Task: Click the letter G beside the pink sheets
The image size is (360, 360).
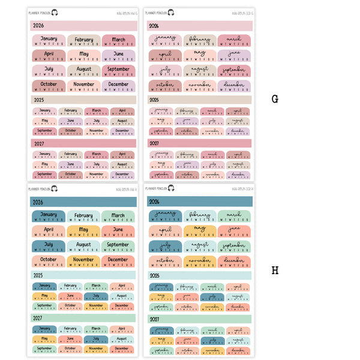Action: [x=275, y=99]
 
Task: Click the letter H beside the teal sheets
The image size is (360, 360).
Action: [x=275, y=271]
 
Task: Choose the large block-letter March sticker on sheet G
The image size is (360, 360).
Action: [x=118, y=41]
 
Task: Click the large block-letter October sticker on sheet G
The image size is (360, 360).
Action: [x=49, y=86]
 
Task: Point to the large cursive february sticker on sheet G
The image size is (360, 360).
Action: [x=200, y=41]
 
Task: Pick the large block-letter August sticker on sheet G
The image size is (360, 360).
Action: [x=83, y=71]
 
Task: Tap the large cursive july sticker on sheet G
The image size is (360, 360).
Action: [x=165, y=71]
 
